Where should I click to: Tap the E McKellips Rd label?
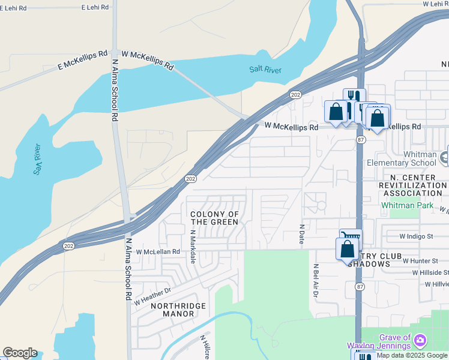coord(82,61)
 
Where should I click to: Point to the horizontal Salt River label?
coord(265,70)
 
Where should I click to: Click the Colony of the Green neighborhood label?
coord(214,218)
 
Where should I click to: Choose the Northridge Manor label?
coord(178,310)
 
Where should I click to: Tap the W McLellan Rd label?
coord(158,252)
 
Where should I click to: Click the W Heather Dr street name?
coord(152,295)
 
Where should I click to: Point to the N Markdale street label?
coord(193,247)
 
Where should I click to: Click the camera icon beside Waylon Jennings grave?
coord(420,341)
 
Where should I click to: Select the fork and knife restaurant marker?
coord(354,98)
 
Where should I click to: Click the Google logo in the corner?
coord(20,353)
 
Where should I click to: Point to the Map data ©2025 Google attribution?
coord(412,355)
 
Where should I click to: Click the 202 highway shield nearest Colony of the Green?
coord(190,179)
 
